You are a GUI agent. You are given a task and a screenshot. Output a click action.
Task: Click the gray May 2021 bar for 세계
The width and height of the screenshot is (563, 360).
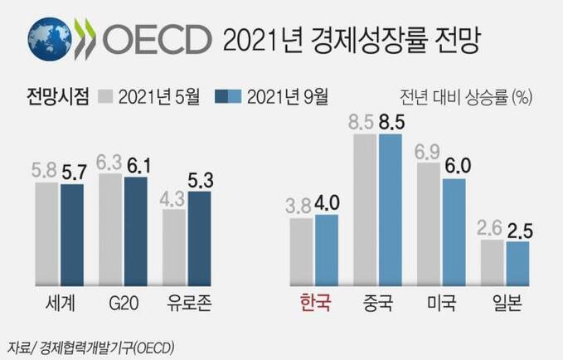click(x=46, y=232)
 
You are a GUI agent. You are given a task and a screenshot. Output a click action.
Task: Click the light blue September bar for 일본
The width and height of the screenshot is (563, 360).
click(x=517, y=261)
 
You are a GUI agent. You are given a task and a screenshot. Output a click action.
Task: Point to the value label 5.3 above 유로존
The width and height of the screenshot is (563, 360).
click(x=200, y=178)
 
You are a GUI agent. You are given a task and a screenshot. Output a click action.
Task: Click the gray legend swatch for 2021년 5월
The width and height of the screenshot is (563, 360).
click(x=105, y=97)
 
